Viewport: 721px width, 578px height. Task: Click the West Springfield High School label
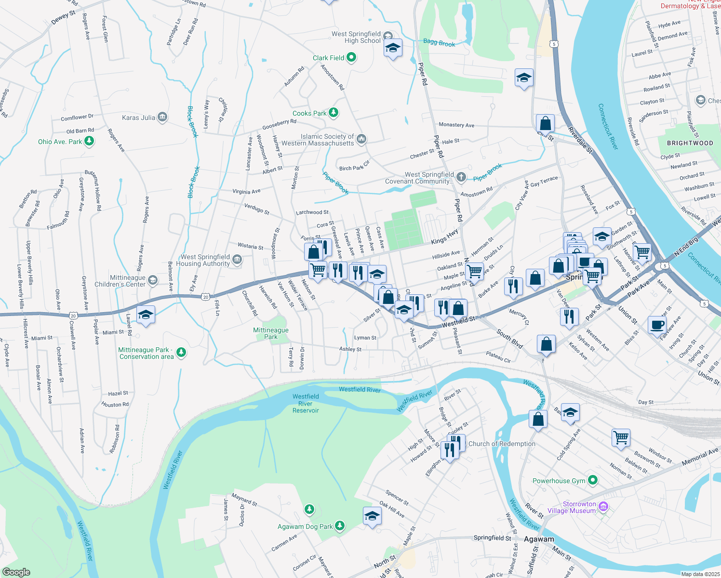pos(356,38)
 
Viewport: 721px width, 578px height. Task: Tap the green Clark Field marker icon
pos(351,58)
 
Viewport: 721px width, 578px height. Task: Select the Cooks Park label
pos(309,113)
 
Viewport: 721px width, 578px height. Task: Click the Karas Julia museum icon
pos(162,117)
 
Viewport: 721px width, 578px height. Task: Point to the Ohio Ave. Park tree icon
pos(89,141)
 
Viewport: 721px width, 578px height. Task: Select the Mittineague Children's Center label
pos(120,281)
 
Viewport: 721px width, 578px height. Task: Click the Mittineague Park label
pos(271,333)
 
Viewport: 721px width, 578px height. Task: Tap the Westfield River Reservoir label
pos(306,404)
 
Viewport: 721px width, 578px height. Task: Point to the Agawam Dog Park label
pos(305,526)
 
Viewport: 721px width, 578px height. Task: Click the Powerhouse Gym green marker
pos(593,480)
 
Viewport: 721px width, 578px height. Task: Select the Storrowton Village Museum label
pos(572,508)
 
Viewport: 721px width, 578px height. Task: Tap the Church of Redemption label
pos(502,444)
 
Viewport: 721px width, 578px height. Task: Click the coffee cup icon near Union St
pos(656,325)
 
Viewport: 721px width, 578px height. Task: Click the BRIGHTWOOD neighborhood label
pos(690,143)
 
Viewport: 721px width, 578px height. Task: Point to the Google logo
pos(16,572)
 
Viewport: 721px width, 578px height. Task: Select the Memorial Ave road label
pos(700,457)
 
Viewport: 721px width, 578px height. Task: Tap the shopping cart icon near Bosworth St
pos(621,437)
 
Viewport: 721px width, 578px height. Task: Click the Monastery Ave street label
pos(456,125)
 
